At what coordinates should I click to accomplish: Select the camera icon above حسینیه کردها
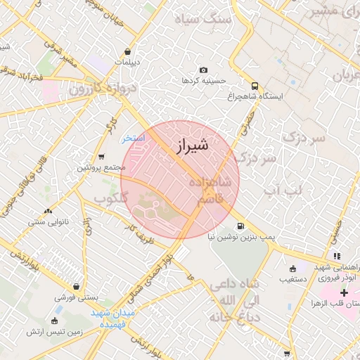tap(204, 70)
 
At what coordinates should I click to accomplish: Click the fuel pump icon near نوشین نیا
tap(241, 226)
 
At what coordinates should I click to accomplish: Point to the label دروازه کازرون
tap(101, 89)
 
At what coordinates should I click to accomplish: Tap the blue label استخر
tap(133, 138)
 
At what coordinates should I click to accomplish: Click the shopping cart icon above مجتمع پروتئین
tap(102, 157)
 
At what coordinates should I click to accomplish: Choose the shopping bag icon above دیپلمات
tap(127, 51)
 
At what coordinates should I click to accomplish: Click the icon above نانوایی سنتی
tap(48, 211)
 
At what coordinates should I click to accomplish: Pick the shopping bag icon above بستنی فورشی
tap(57, 287)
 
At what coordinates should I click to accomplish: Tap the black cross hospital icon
tap(343, 292)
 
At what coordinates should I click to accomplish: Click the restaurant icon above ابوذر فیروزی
tap(337, 255)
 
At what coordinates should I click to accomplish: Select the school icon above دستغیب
tap(292, 268)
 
